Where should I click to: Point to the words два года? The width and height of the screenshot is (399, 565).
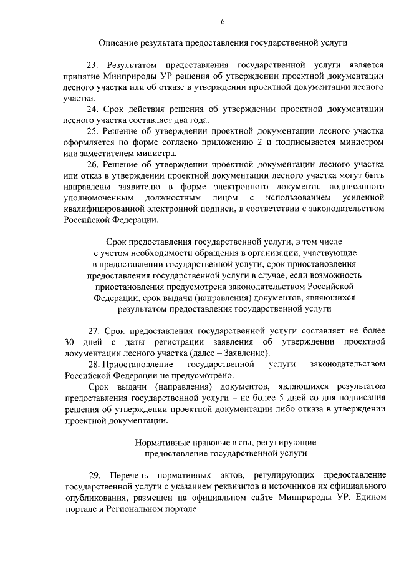pyautogui.click(x=191, y=120)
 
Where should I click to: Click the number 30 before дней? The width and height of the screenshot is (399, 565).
pyautogui.click(x=70, y=342)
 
